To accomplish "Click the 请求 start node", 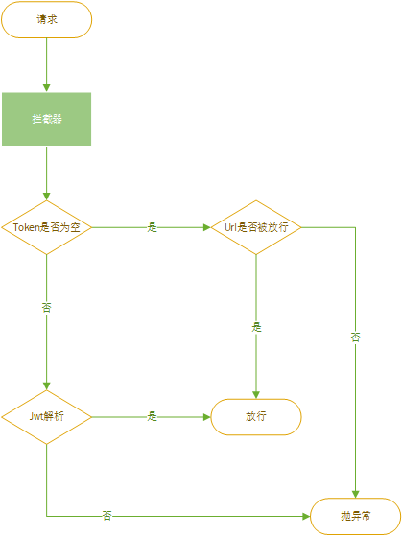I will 46,19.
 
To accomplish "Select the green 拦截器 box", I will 46,119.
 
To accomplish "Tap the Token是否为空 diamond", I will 46,227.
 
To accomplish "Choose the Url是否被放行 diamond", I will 256,227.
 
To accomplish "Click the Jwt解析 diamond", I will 46,417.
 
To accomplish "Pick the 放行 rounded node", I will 256,417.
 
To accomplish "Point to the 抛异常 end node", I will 356,516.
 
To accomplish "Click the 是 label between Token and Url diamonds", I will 152,227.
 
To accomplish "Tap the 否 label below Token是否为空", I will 46,307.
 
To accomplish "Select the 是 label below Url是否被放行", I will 256,327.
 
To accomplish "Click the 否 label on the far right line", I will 356,337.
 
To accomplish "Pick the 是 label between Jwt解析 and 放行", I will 152,417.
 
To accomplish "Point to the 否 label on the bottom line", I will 106,516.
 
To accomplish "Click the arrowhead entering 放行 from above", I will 256,394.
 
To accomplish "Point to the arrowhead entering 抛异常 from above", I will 356,493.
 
